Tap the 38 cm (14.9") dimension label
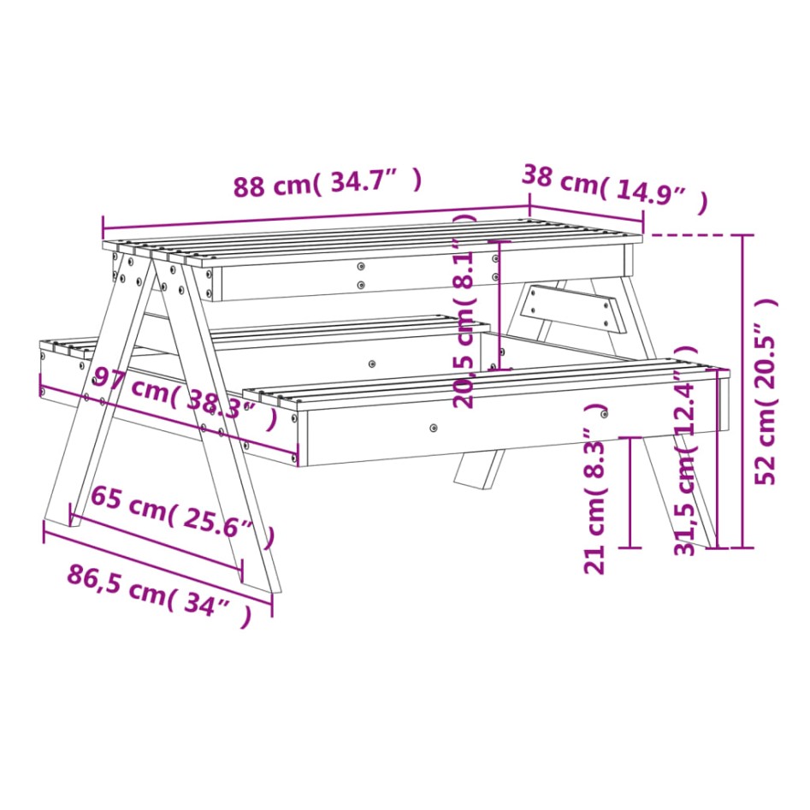click(x=614, y=189)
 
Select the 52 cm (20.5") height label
click(x=767, y=392)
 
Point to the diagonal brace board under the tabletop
click(x=574, y=308)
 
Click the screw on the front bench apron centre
click(x=434, y=426)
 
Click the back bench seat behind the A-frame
click(x=342, y=328)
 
